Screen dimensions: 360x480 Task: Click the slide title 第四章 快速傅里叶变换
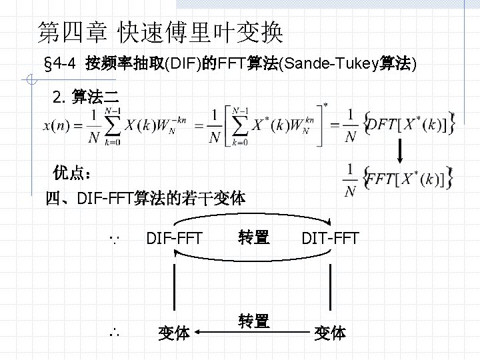[x=160, y=31]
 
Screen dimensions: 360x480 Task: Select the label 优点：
[x=73, y=174]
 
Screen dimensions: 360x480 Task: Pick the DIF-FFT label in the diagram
[x=175, y=237]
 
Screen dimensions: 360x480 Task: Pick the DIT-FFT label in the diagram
[x=330, y=237]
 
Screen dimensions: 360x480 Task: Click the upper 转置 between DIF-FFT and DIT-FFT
[x=253, y=237]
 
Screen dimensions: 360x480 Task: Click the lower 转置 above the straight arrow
[x=253, y=321]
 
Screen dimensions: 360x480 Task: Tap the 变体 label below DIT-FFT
[x=331, y=333]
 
